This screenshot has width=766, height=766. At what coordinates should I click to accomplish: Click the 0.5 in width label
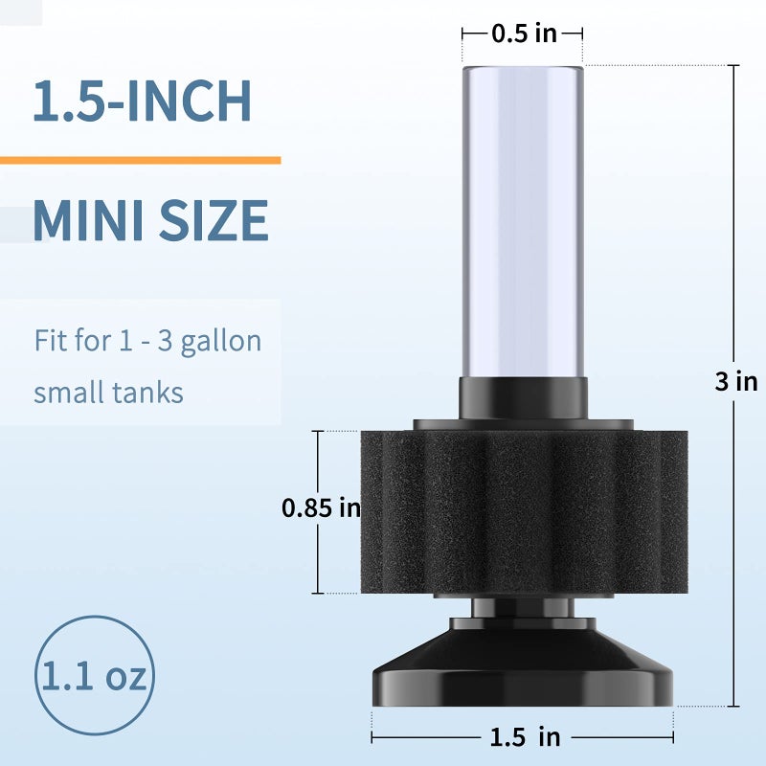tap(523, 34)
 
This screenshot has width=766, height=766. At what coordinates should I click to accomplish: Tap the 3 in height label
tap(735, 381)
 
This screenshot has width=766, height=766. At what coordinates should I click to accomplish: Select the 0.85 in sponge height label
tap(320, 508)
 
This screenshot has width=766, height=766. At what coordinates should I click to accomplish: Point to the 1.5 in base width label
tap(522, 736)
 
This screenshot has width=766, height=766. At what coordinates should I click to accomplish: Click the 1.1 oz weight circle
tap(93, 676)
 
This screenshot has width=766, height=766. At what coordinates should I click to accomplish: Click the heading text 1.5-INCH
tap(142, 101)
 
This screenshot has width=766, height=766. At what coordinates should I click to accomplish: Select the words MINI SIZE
tap(150, 220)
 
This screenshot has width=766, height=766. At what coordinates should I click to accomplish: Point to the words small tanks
tap(108, 393)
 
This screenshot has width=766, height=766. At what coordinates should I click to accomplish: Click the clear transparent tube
tap(523, 220)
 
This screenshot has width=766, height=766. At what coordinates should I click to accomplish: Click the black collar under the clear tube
tap(523, 396)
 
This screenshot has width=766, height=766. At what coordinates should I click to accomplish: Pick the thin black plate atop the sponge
tap(523, 423)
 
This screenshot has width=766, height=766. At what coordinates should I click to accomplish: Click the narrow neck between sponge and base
tap(523, 609)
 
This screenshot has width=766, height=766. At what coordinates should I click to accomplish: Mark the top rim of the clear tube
tap(523, 68)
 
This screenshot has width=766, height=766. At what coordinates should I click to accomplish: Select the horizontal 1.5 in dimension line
tap(431, 737)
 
